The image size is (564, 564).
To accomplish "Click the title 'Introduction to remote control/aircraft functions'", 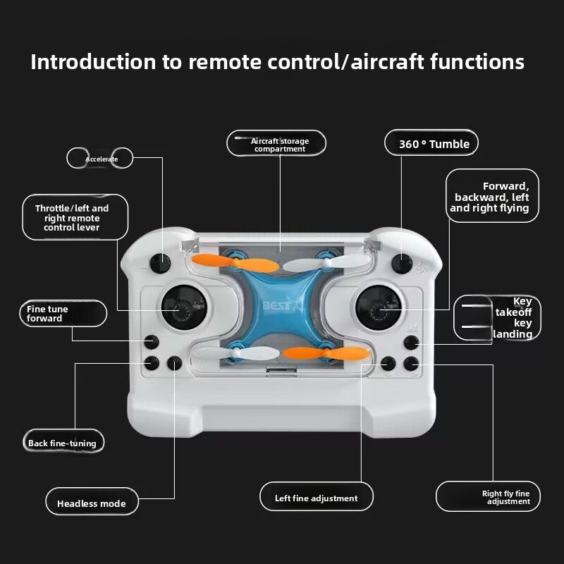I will tap(277, 62).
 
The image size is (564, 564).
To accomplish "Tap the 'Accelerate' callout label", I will tap(101, 159).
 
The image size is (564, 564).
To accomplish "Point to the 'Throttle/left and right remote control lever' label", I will tap(72, 218).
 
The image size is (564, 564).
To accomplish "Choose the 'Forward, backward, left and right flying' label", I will tap(491, 197).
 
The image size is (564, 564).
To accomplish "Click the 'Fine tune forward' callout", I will tap(63, 314).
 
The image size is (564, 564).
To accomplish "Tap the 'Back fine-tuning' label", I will tap(62, 443).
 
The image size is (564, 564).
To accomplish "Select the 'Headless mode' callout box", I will tap(92, 503).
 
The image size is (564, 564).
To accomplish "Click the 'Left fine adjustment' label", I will tap(316, 498).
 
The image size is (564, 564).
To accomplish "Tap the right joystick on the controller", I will tap(378, 309).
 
